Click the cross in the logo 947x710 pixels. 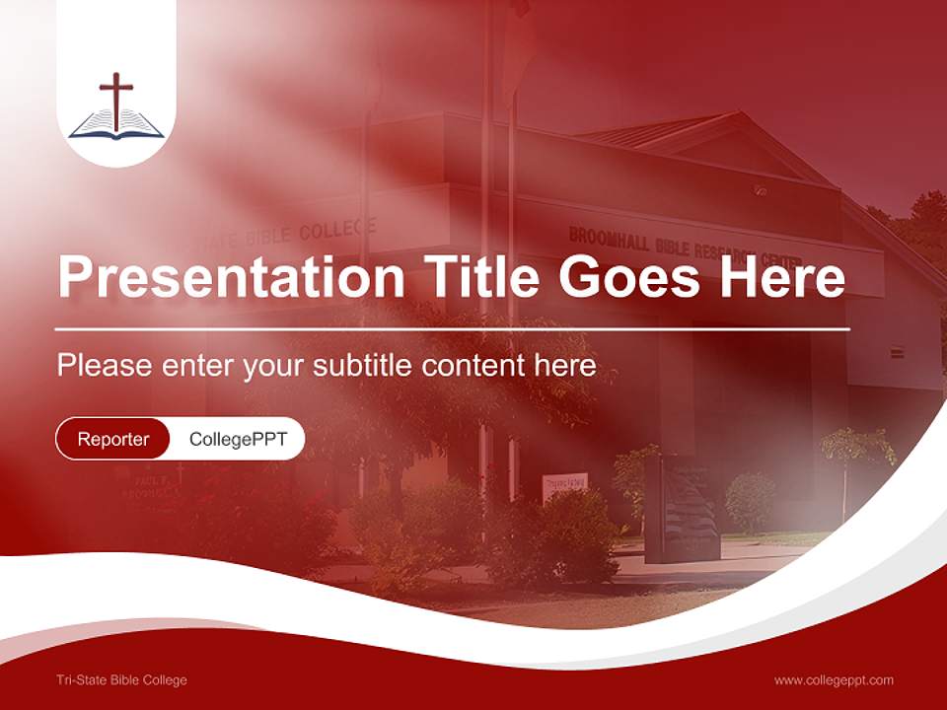(116, 99)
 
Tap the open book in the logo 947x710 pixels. (116, 125)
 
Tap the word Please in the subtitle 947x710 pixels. (104, 366)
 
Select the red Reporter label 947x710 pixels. (113, 439)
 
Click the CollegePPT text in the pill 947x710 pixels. (238, 439)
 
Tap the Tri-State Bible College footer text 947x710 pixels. (122, 679)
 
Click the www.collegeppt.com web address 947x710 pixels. (834, 679)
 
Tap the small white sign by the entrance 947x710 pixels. (564, 486)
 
